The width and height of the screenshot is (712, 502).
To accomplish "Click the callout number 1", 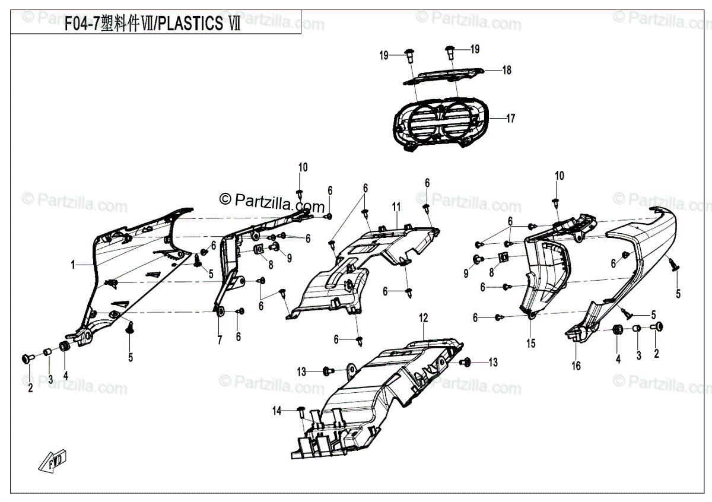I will click(74, 266).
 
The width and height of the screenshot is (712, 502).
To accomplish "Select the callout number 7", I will click(219, 340).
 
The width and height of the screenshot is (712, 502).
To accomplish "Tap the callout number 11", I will click(396, 207).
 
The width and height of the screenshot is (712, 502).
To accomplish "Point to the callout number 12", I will click(423, 318).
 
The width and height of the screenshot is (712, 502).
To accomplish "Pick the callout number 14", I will click(277, 411).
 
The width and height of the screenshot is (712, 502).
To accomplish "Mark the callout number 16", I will click(576, 366).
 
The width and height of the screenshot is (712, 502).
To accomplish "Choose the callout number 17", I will click(510, 118).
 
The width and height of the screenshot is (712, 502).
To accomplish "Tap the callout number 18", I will click(506, 70).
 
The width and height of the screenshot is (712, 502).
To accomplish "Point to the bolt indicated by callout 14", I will click(301, 409).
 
